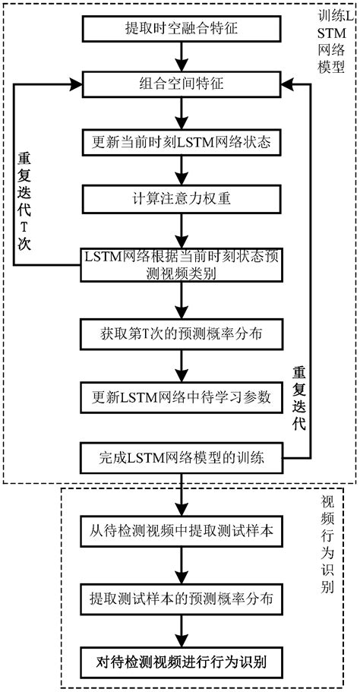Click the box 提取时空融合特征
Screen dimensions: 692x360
coord(180,28)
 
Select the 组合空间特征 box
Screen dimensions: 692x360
coord(180,84)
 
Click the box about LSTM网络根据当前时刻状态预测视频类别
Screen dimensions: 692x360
coord(180,264)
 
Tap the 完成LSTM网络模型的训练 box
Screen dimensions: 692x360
coord(180,459)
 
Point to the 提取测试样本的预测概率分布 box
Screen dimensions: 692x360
coord(180,597)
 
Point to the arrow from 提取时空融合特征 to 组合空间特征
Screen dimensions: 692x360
coord(180,56)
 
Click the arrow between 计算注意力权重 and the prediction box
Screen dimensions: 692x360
coord(180,230)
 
